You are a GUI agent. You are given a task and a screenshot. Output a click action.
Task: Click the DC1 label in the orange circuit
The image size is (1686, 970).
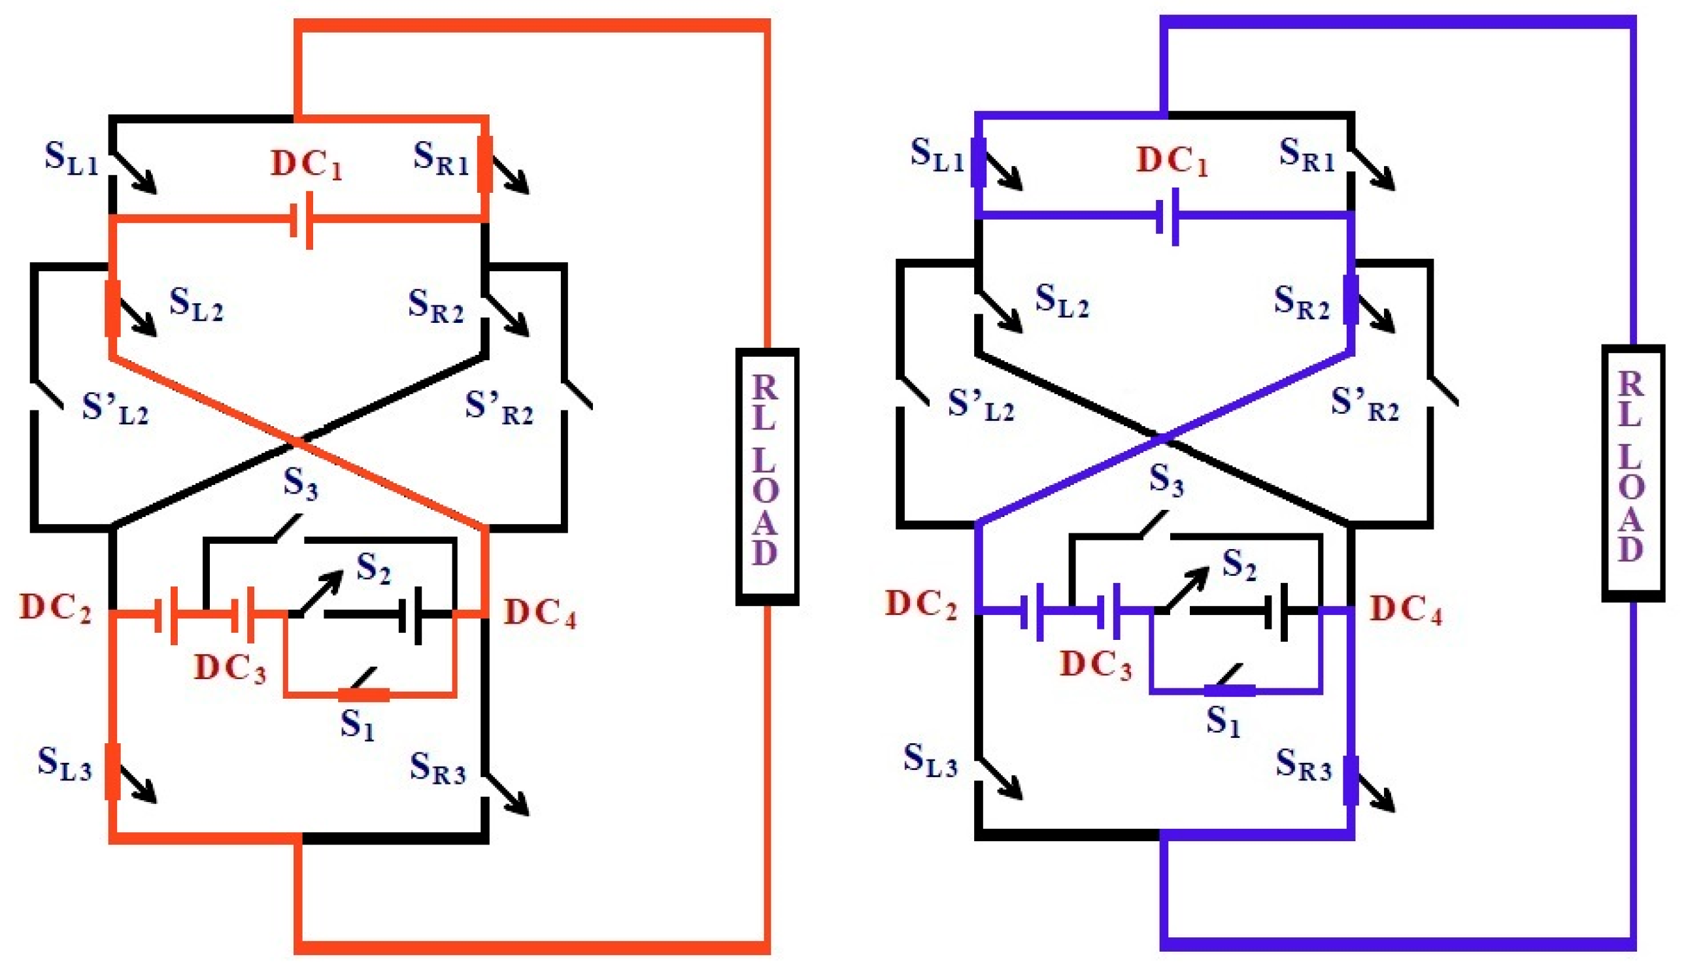pyautogui.click(x=307, y=165)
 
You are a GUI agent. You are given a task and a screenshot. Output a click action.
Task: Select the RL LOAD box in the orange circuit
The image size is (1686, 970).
pyautogui.click(x=767, y=476)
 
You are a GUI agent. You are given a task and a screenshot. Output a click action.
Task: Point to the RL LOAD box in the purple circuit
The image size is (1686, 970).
pyautogui.click(x=1632, y=472)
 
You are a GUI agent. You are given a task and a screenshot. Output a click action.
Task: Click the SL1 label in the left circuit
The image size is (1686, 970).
pyautogui.click(x=72, y=158)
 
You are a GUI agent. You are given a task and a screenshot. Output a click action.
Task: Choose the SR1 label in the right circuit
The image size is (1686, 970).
pyautogui.click(x=1306, y=155)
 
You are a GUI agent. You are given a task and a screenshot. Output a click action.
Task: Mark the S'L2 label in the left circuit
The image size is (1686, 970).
pyautogui.click(x=115, y=409)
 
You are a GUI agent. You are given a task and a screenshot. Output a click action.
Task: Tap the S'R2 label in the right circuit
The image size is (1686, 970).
pyautogui.click(x=1365, y=404)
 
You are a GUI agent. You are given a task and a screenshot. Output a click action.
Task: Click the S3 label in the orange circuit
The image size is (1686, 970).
pyautogui.click(x=301, y=483)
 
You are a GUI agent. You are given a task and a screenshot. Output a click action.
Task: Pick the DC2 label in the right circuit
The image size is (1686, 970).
pyautogui.click(x=920, y=605)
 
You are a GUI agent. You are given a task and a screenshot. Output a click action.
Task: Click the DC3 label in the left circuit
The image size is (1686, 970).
pyautogui.click(x=230, y=667)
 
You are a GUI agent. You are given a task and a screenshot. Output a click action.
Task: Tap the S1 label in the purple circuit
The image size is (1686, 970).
pyautogui.click(x=1223, y=722)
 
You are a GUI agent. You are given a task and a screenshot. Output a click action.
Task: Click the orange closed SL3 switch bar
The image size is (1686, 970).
pyautogui.click(x=113, y=772)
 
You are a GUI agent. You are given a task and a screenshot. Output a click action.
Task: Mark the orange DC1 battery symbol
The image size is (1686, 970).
pyautogui.click(x=302, y=220)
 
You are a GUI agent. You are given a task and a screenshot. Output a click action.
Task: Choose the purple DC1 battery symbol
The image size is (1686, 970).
pyautogui.click(x=1167, y=216)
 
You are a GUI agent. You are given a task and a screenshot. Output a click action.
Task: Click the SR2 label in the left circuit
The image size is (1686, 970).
pyautogui.click(x=435, y=307)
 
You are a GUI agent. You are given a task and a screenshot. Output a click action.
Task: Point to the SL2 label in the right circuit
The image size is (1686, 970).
pyautogui.click(x=1062, y=301)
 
